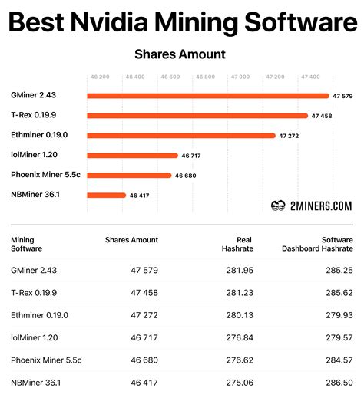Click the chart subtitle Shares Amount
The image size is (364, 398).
click(x=180, y=54)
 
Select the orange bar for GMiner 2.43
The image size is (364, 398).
click(x=207, y=96)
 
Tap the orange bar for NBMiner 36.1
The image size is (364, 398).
click(x=106, y=195)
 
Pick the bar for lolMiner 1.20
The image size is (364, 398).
click(x=132, y=155)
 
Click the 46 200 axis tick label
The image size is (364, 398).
click(x=100, y=77)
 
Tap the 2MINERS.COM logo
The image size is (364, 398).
click(x=312, y=206)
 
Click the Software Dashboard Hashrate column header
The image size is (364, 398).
click(x=317, y=244)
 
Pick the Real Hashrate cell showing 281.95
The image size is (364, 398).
click(x=240, y=270)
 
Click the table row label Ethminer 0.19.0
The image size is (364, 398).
click(x=39, y=315)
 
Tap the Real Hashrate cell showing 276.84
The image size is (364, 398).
click(x=240, y=337)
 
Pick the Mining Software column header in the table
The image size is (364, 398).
click(x=27, y=244)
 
